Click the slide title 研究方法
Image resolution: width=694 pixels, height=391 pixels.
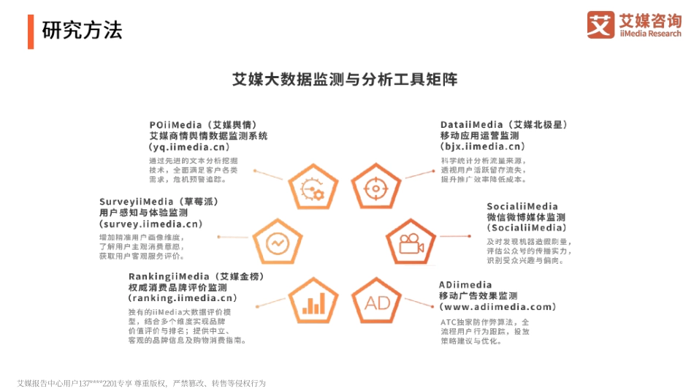click(82, 30)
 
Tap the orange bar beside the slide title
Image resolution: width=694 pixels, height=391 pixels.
click(31, 30)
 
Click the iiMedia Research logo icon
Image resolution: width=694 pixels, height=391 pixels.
click(601, 24)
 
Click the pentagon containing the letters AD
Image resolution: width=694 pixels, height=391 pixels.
click(378, 303)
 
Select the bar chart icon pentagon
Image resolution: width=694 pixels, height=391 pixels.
click(313, 303)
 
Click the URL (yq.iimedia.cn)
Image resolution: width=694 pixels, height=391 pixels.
click(196, 147)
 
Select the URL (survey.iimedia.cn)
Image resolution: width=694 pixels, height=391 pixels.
click(150, 224)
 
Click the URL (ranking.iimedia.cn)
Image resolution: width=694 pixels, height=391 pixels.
click(183, 298)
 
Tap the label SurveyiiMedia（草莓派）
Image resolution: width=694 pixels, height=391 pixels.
click(159, 201)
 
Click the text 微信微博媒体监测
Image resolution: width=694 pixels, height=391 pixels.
click(526, 217)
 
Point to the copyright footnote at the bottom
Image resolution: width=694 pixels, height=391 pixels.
click(142, 383)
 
